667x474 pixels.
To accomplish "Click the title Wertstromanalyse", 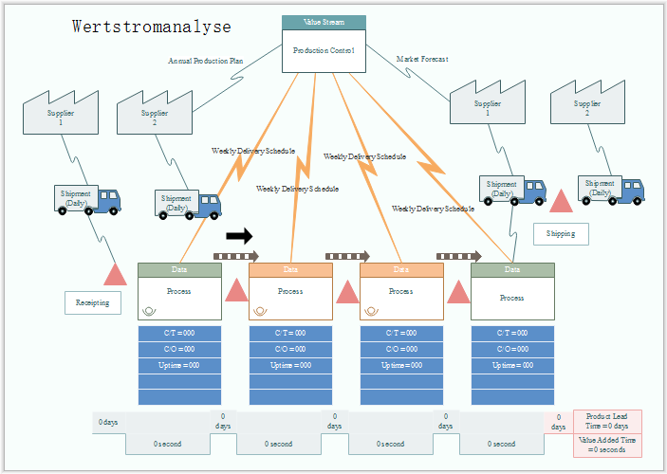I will coord(151,27).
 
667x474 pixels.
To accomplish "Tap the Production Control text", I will coord(324,51).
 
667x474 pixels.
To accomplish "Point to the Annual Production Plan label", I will coord(206,61).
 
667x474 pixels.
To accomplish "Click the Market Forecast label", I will coord(422,59).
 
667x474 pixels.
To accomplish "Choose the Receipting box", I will coord(93,303).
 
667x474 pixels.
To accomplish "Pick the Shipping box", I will coord(561,233).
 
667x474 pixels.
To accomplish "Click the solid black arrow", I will coord(240,235).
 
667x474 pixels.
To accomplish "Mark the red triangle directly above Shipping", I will coord(562,201).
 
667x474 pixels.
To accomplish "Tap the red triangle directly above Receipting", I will coord(116,275).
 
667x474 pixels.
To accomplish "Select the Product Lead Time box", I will coord(607,421).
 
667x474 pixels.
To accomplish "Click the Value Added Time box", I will coord(607,445).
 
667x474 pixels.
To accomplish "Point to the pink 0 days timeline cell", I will coord(559,421).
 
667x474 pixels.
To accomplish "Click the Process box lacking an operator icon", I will coord(512,298).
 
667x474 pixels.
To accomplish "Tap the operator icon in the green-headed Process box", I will coord(149,310).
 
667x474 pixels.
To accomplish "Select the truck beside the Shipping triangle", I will coord(515,190).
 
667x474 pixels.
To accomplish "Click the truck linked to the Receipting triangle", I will coord(88,199).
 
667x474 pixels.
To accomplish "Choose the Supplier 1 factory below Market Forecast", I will coord(488,108).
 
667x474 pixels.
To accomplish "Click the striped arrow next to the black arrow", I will coord(236,256).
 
